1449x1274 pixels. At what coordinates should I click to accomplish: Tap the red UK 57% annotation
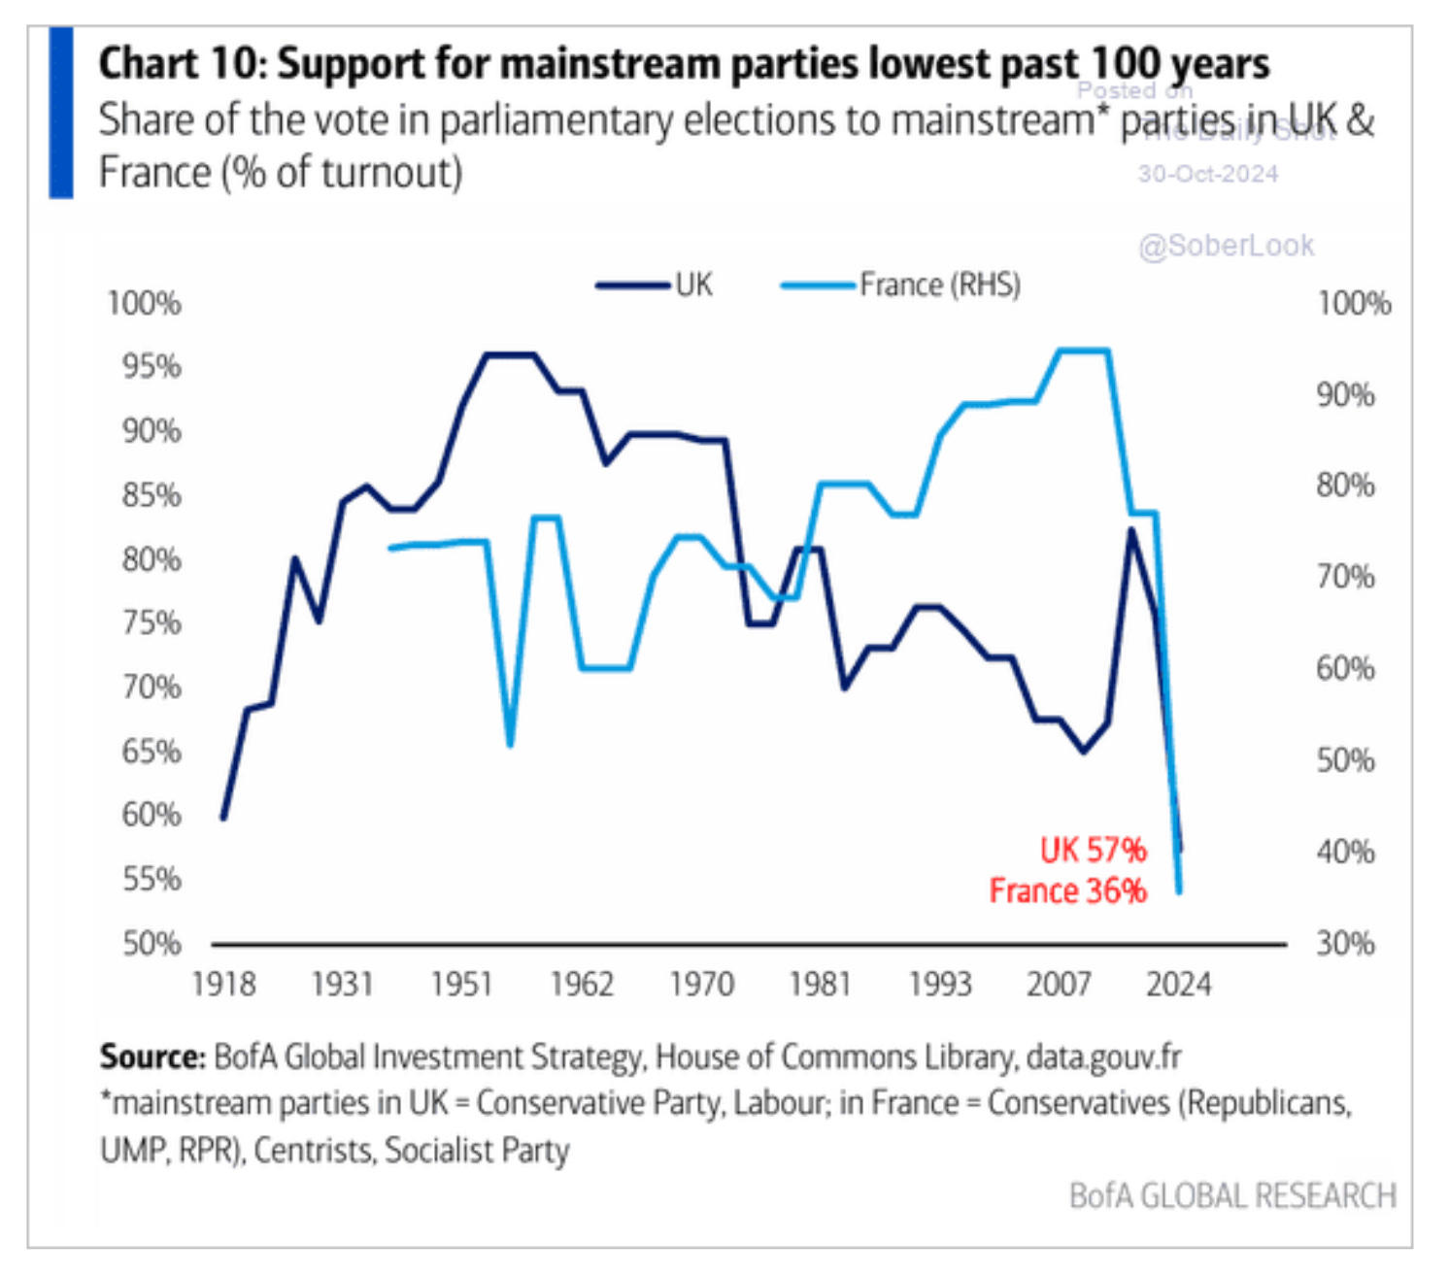(1093, 850)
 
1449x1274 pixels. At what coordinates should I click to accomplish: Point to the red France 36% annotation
(1067, 890)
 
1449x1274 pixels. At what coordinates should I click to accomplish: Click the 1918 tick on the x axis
(223, 984)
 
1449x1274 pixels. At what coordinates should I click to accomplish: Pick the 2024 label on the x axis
(1178, 984)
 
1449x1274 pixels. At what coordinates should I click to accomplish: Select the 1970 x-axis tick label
(701, 984)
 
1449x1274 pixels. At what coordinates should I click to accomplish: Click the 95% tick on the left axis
(152, 366)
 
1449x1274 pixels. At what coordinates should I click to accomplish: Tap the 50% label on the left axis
(152, 943)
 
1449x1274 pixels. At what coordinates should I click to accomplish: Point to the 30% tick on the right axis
(1345, 943)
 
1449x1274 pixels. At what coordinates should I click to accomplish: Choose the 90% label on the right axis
(1345, 394)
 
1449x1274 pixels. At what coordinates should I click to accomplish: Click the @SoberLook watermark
(1226, 246)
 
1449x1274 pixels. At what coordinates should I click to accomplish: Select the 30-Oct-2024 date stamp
(1207, 174)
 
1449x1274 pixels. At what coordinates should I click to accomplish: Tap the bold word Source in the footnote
(151, 1056)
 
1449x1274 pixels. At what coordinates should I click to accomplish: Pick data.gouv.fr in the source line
(1103, 1056)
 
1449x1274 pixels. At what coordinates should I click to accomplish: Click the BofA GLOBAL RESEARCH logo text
(1231, 1195)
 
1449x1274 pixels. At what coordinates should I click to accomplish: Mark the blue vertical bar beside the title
(61, 113)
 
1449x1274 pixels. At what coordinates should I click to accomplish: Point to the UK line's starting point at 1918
(223, 818)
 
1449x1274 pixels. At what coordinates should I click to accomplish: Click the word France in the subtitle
(154, 173)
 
